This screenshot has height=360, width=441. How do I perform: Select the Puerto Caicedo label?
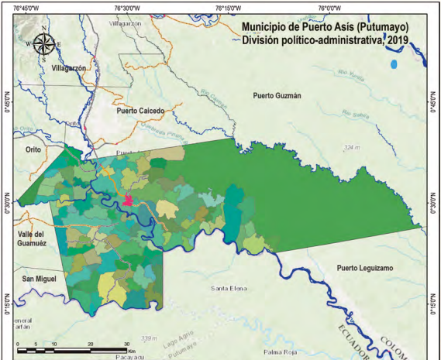pyautogui.click(x=141, y=111)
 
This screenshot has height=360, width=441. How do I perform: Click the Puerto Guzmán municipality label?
pyautogui.click(x=276, y=95)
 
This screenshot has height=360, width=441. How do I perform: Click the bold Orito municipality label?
pyautogui.click(x=32, y=149)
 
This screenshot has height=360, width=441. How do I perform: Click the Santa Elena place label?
pyautogui.click(x=229, y=288)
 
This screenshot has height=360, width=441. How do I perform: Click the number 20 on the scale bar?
pyautogui.click(x=91, y=343)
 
